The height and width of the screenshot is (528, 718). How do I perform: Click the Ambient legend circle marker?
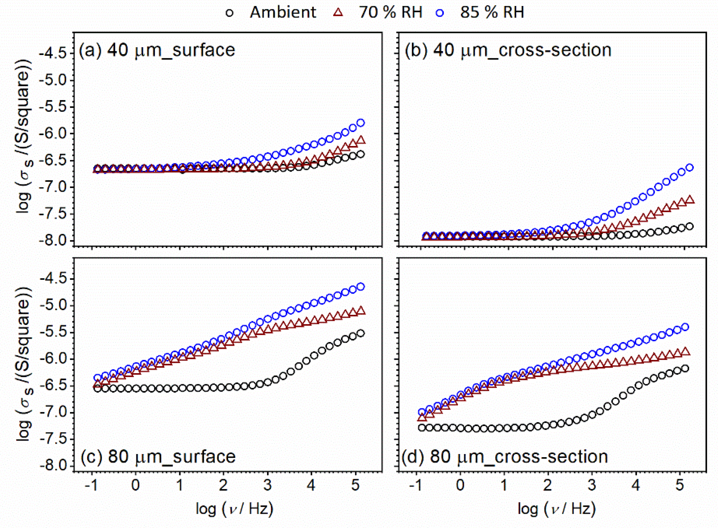230,13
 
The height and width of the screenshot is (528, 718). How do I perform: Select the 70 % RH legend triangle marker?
338,13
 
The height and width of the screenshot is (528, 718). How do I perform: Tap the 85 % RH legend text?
492,13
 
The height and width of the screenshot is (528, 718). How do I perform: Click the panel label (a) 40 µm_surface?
157,50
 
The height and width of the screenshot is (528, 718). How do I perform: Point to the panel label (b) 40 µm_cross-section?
508,50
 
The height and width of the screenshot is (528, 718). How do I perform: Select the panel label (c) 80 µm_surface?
158,456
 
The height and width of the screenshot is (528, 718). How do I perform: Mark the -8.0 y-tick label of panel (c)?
52,466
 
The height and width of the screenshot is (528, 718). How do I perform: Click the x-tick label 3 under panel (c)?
267,485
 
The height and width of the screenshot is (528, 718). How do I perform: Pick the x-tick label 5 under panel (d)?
680,485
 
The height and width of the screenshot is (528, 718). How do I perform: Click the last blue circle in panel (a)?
361,123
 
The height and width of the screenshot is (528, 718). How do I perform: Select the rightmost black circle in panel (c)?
361,333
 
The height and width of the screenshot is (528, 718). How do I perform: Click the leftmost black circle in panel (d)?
422,428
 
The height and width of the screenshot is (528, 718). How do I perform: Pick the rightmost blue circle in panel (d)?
685,327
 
